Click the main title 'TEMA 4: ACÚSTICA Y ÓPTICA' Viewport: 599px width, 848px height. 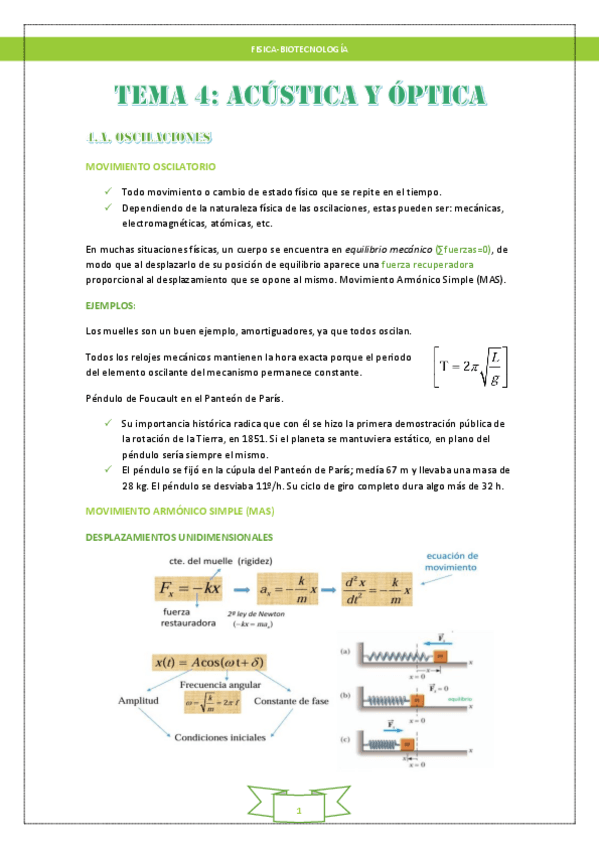pyautogui.click(x=300, y=96)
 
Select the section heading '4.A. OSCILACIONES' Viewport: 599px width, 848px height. pyautogui.click(x=148, y=137)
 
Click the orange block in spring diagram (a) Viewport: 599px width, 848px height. pyautogui.click(x=440, y=655)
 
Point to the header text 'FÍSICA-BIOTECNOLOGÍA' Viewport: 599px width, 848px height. pyautogui.click(x=299, y=49)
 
